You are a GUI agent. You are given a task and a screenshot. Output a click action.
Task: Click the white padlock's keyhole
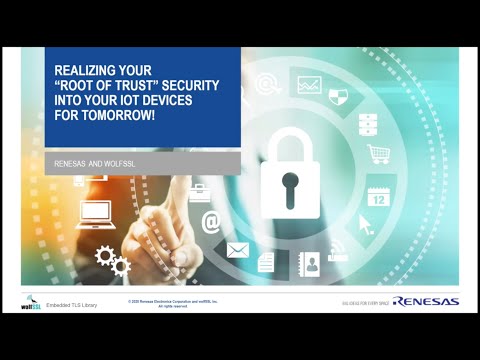290,185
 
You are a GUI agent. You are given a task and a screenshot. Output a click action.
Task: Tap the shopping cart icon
378,154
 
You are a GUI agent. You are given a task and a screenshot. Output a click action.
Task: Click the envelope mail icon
238,249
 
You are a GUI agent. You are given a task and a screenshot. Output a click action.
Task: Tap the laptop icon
96,212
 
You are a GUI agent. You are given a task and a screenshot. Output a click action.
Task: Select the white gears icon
111,261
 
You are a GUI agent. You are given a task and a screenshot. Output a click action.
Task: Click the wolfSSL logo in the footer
29,301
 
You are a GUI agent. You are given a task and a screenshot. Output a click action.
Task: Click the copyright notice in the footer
173,302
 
